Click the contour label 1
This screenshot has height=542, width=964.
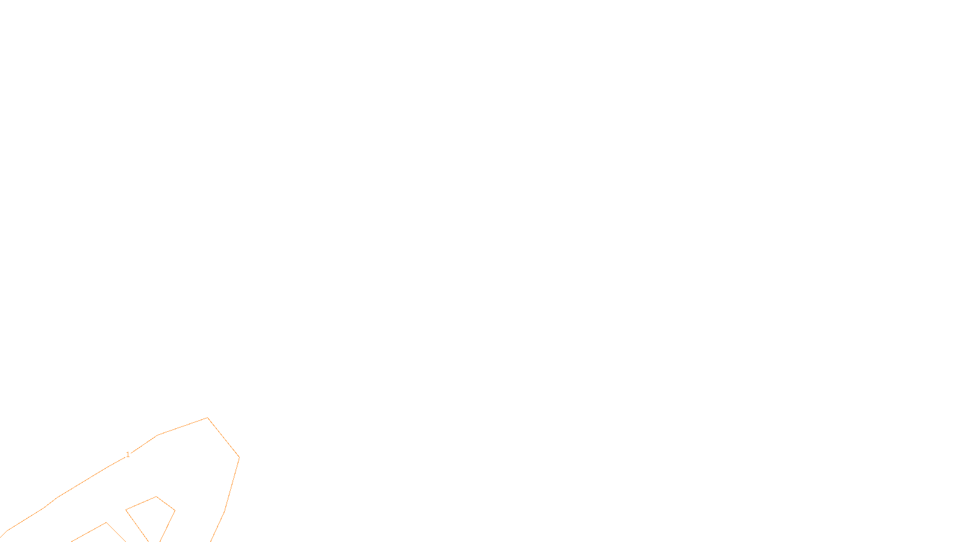pyautogui.click(x=128, y=455)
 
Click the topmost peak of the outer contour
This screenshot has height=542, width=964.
pyautogui.click(x=207, y=417)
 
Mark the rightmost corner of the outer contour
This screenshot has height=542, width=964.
pyautogui.click(x=239, y=457)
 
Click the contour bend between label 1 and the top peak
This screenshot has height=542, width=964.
pyautogui.click(x=158, y=435)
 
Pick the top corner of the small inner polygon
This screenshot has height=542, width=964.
pyautogui.click(x=157, y=497)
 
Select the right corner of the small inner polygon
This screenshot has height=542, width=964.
pyautogui.click(x=175, y=511)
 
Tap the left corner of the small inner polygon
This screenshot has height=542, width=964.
pyautogui.click(x=126, y=510)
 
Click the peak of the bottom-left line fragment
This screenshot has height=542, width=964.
pyautogui.click(x=107, y=523)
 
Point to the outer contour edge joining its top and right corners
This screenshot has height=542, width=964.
pyautogui.click(x=224, y=437)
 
